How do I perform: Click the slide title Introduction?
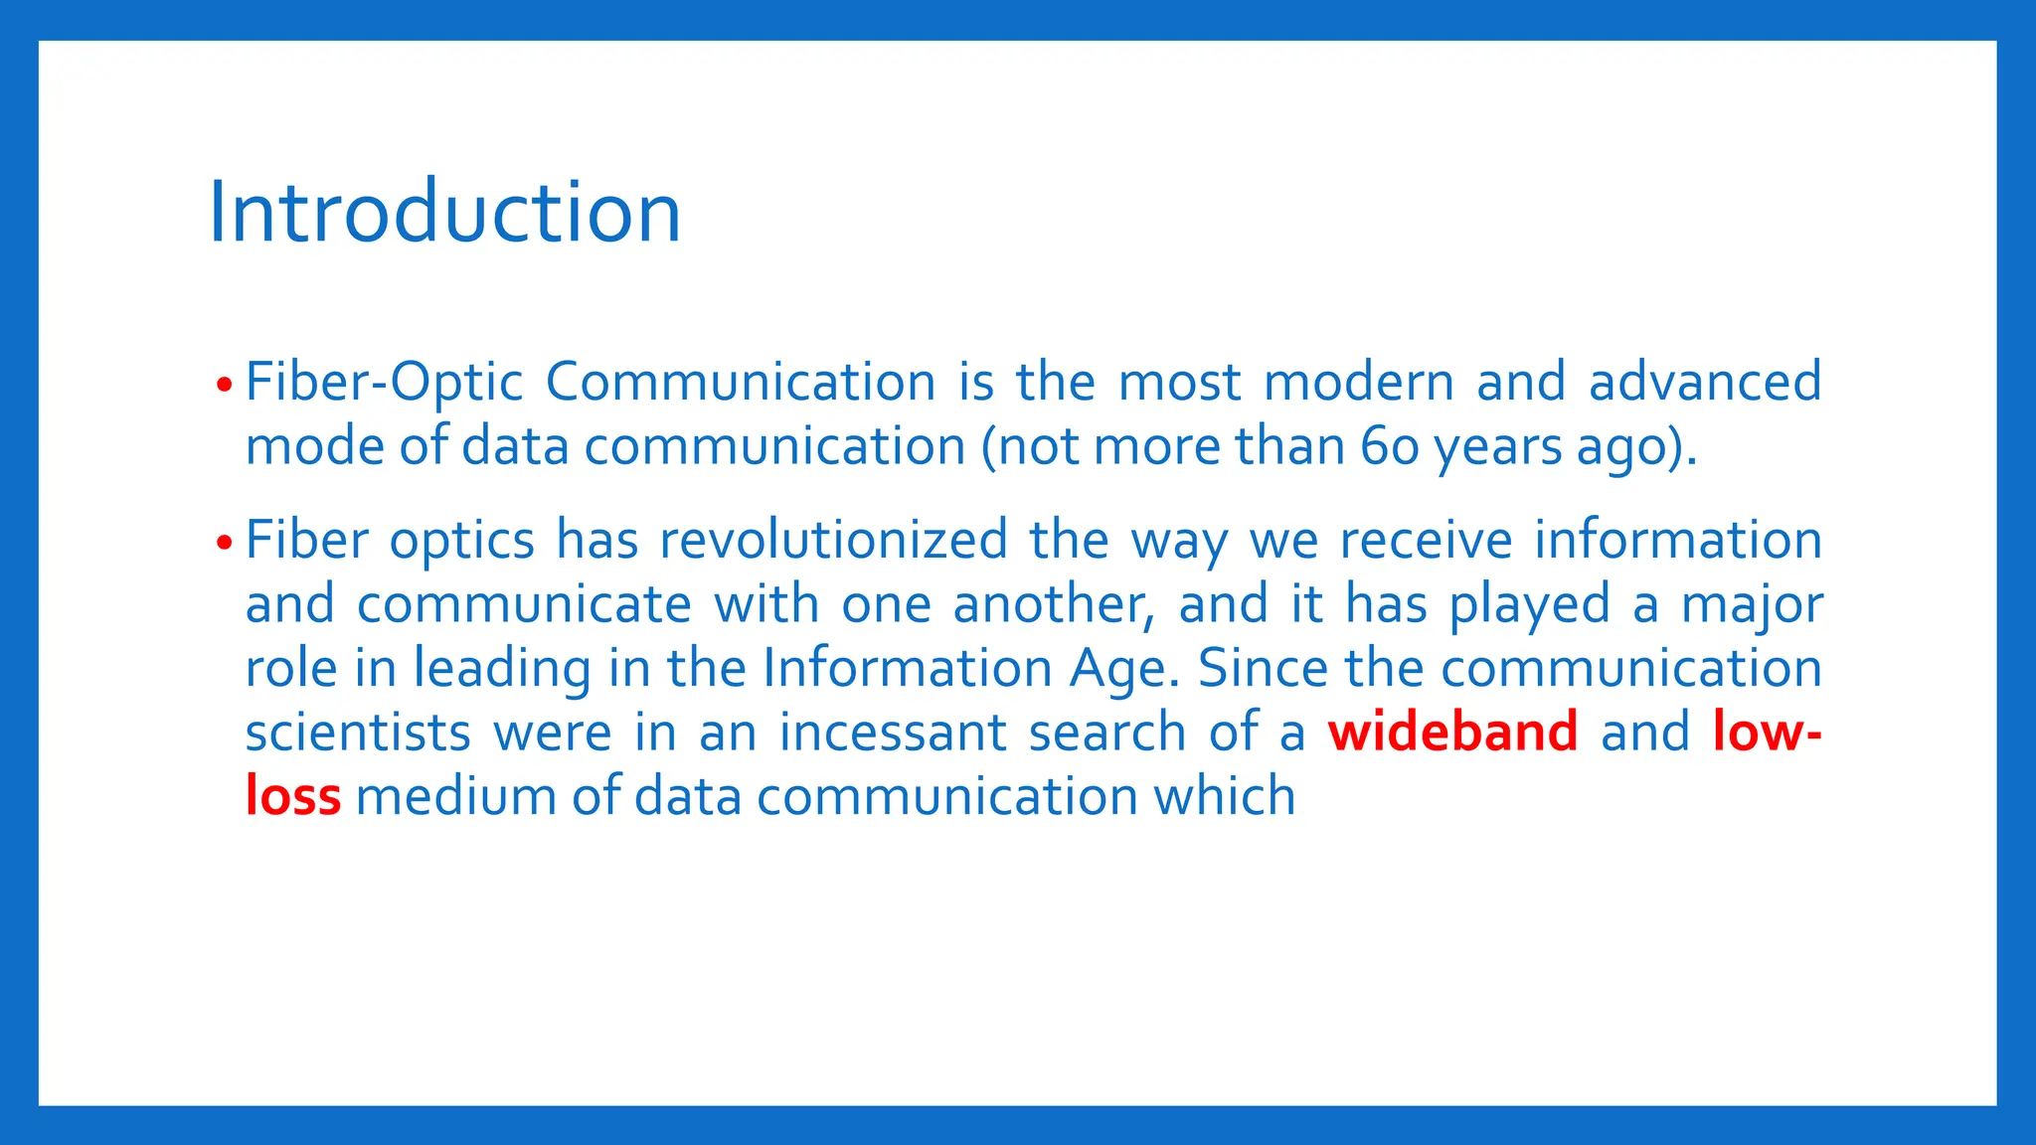(444, 212)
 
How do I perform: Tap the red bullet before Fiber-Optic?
(224, 384)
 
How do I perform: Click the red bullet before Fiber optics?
(224, 543)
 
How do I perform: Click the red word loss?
(292, 796)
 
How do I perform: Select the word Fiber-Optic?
(384, 384)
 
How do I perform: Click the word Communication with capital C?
(740, 382)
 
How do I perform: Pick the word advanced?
(1704, 382)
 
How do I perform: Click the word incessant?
(892, 733)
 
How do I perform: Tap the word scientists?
(358, 733)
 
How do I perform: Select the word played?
(1528, 605)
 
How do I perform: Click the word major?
(1752, 605)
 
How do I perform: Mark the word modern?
(1358, 382)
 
